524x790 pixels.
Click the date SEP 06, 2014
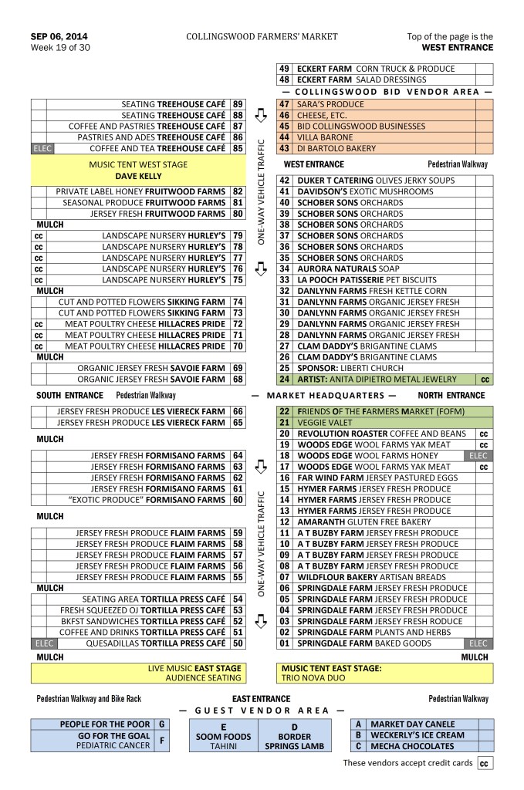pyautogui.click(x=59, y=36)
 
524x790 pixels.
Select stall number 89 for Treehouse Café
pyautogui.click(x=238, y=104)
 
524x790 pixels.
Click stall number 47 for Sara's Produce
pyautogui.click(x=284, y=104)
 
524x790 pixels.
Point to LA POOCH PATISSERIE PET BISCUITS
pyautogui.click(x=374, y=280)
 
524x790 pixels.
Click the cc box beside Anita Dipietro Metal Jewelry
pyautogui.click(x=485, y=380)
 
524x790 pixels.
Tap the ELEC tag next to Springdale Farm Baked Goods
pyautogui.click(x=479, y=643)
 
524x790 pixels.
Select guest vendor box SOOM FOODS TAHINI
pyautogui.click(x=223, y=737)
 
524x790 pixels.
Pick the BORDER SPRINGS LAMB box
pyautogui.click(x=294, y=737)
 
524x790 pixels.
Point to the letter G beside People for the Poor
pyautogui.click(x=161, y=724)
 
